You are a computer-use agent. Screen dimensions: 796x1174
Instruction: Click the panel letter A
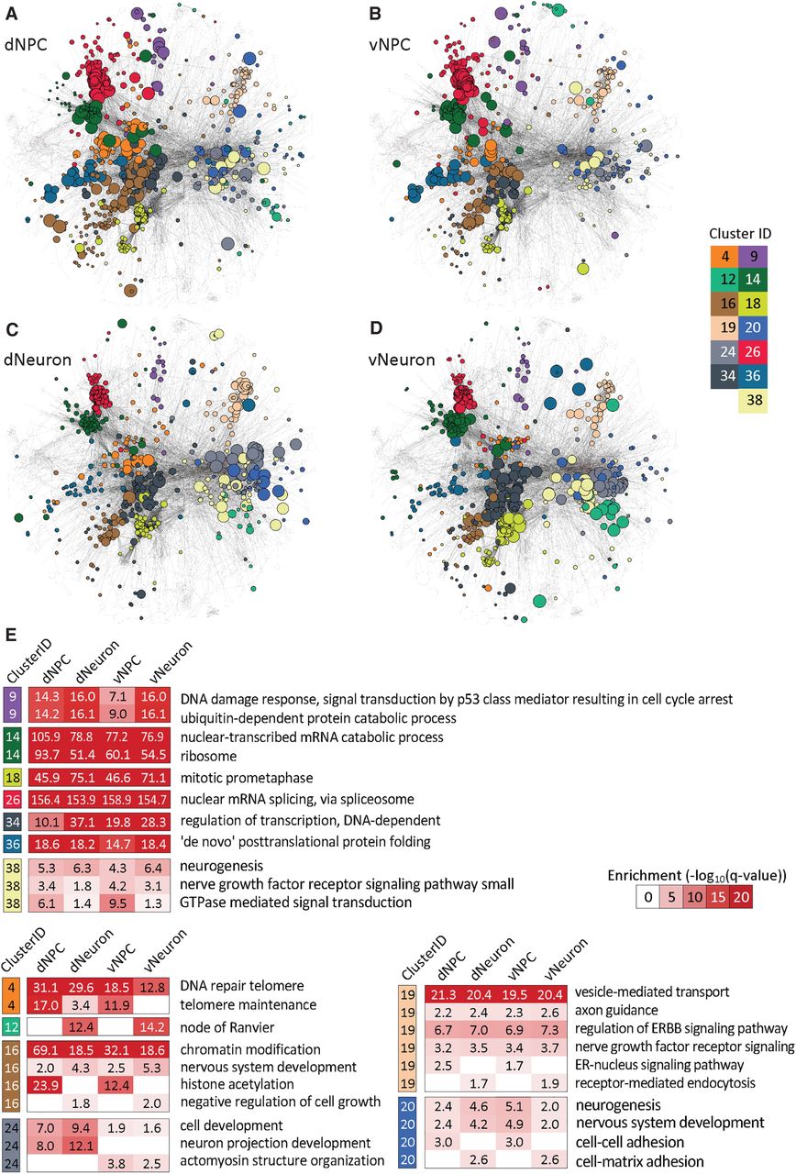[11, 14]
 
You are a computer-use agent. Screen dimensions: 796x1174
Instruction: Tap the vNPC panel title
[390, 45]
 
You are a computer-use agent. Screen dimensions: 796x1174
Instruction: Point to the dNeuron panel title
[38, 360]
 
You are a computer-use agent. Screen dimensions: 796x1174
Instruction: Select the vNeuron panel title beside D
[402, 360]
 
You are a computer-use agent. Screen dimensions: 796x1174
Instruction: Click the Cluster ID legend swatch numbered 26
[753, 351]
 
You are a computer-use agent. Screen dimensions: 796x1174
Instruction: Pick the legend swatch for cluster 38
[753, 401]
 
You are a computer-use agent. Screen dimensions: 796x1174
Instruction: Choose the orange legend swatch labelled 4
[724, 256]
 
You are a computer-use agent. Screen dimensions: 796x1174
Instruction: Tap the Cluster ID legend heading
[740, 234]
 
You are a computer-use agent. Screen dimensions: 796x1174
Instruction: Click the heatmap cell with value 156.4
[46, 799]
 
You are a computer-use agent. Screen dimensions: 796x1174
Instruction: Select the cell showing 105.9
[46, 737]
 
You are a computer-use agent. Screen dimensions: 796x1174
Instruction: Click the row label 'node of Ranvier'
[227, 1027]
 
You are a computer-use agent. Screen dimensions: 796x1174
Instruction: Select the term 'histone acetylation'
[237, 1084]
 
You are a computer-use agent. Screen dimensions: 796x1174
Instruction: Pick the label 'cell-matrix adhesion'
[639, 1161]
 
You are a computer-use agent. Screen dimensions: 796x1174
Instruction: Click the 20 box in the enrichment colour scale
[741, 897]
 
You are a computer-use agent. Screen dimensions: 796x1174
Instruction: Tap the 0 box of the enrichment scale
[648, 897]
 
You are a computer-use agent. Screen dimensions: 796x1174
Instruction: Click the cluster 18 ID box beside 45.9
[13, 778]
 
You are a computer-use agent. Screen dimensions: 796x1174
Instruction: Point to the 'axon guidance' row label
[616, 1010]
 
